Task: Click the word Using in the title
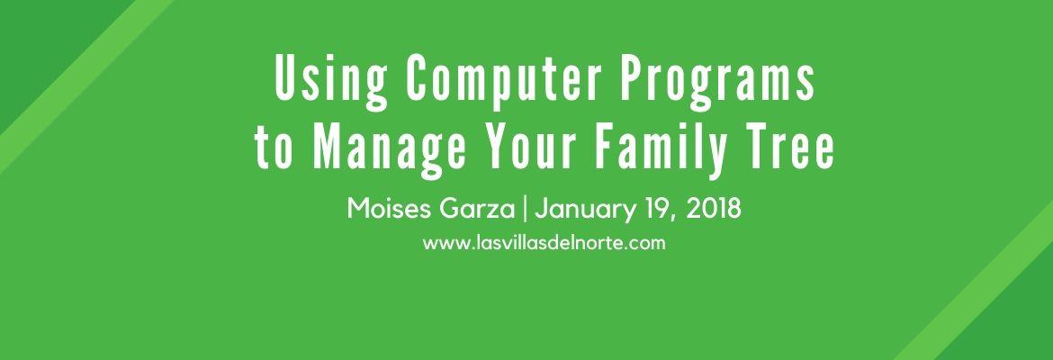point(331,80)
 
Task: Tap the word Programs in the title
point(717,82)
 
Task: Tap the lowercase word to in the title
point(274,149)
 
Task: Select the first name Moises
point(391,209)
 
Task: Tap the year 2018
point(714,209)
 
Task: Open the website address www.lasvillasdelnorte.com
point(544,242)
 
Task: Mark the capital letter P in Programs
point(631,78)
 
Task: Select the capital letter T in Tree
point(755,147)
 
